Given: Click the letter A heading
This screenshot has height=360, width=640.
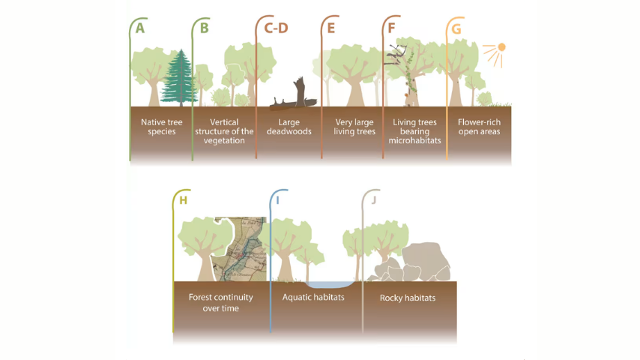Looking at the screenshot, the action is point(140,28).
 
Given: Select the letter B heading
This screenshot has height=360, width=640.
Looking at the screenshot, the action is point(205,28).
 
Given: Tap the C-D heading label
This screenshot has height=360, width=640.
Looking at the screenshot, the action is point(276,28).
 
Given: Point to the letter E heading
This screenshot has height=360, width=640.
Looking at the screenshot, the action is point(331,28).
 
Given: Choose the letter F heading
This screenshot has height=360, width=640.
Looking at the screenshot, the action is point(391,28).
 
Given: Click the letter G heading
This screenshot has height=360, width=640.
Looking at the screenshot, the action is point(456,28).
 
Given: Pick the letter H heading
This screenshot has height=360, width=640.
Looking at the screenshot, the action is point(184,200).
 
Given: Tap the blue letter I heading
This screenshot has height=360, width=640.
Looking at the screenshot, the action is point(277,200).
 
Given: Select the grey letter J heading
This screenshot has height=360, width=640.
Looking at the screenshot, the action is point(373,199).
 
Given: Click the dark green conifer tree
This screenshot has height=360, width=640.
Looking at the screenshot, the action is point(180,78).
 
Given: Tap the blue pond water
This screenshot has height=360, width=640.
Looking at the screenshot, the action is point(330,284).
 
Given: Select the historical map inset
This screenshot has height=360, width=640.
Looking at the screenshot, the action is point(241,249).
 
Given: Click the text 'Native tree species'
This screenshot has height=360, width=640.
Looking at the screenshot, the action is point(162,127).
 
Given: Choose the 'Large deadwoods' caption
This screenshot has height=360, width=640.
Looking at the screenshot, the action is point(289,127).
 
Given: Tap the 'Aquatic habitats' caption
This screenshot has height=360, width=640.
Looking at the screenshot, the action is point(313,297).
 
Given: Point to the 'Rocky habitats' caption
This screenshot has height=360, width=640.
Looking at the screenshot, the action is point(408,298).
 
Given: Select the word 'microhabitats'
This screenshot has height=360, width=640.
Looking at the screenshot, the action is point(414,140).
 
